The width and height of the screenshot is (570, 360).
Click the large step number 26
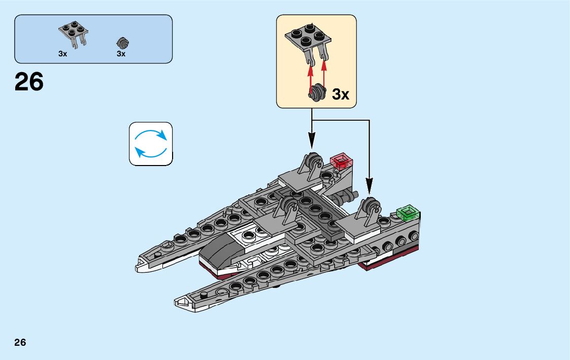point(29,82)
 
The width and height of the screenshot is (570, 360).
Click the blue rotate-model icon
point(151,144)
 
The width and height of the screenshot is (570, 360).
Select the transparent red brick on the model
point(342,161)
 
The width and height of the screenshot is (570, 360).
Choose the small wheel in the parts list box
point(121,43)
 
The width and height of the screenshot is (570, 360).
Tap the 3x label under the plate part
point(62,53)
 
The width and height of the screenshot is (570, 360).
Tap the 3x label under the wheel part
point(121,53)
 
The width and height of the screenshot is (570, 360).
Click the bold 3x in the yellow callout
point(340,94)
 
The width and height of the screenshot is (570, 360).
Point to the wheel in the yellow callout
point(318,93)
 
